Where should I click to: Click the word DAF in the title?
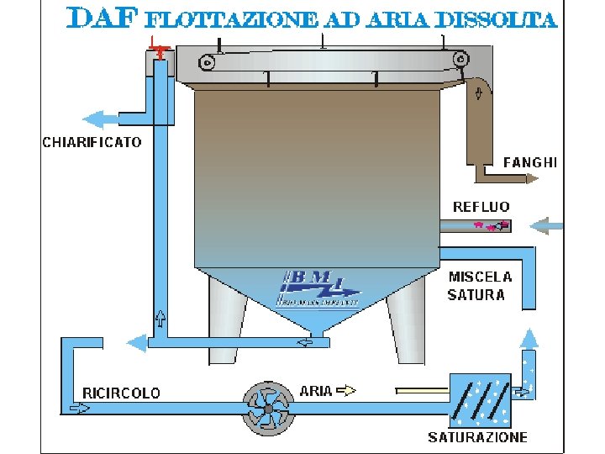click(x=100, y=18)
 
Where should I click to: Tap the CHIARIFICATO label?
click(x=92, y=142)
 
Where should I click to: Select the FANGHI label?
click(x=529, y=161)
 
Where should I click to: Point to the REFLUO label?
click(x=481, y=207)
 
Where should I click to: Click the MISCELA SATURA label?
click(x=479, y=286)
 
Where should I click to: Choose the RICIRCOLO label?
click(x=121, y=393)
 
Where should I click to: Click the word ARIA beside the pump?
click(x=316, y=391)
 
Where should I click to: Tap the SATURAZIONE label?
click(x=477, y=437)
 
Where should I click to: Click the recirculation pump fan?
click(x=267, y=409)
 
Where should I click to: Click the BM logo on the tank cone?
click(x=318, y=288)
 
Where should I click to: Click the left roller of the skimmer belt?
click(x=208, y=61)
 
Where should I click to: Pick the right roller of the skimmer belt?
click(x=459, y=60)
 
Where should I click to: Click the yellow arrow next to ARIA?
click(x=347, y=390)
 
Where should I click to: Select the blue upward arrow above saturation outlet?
click(x=528, y=338)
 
